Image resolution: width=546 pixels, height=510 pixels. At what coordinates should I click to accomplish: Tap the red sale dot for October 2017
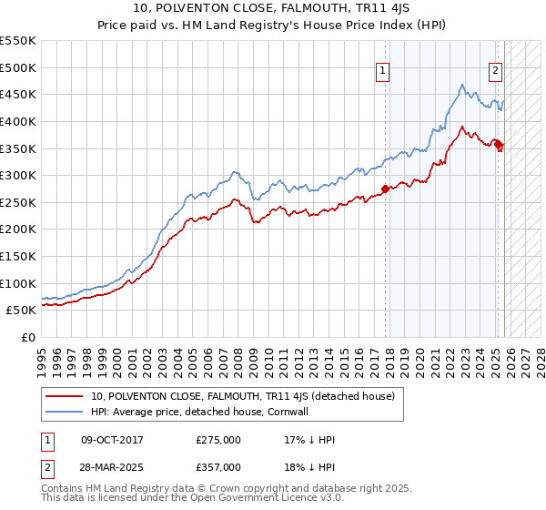(385, 189)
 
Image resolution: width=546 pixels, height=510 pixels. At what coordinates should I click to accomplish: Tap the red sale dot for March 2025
(499, 145)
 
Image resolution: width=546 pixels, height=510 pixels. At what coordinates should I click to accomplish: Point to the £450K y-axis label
(18, 94)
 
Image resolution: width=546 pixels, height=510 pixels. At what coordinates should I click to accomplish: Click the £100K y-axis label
(18, 283)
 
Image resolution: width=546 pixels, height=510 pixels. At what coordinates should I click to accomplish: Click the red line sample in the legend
(65, 396)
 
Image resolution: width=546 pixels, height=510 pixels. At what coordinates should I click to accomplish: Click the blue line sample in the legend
(65, 412)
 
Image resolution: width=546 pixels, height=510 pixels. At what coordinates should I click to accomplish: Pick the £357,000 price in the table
(218, 466)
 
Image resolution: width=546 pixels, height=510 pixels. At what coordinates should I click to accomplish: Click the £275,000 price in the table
(218, 440)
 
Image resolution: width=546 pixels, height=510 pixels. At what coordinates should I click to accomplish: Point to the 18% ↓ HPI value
(309, 466)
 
